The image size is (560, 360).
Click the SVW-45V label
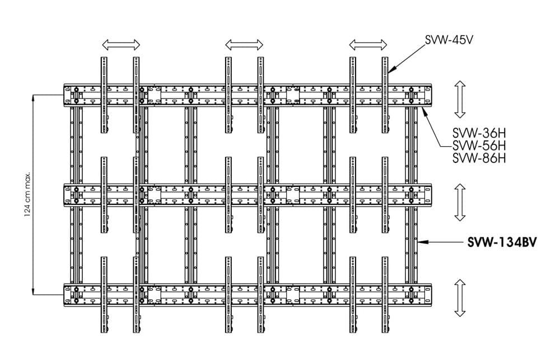tap(449, 40)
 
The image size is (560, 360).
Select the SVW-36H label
tap(479, 134)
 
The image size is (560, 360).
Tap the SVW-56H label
tap(479, 146)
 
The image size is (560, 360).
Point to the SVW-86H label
tap(479, 158)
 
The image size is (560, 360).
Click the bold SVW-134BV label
tap(502, 242)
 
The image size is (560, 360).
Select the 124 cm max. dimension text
tap(27, 195)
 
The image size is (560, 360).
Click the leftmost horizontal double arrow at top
tap(121, 45)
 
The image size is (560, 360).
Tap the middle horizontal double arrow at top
tap(244, 45)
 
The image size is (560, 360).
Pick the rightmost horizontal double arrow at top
tap(368, 45)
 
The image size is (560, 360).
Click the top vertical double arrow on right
tap(460, 99)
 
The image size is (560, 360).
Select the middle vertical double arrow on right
tap(460, 202)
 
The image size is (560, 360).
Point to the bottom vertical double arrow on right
tap(460, 298)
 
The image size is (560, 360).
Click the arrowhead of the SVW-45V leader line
tap(390, 71)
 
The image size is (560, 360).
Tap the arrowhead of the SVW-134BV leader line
tap(420, 242)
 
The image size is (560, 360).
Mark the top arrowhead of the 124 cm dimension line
tap(33, 97)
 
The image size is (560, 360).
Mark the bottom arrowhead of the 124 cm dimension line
tap(33, 292)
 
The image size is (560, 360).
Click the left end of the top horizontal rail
tap(64, 95)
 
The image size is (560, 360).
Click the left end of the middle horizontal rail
tap(64, 195)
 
